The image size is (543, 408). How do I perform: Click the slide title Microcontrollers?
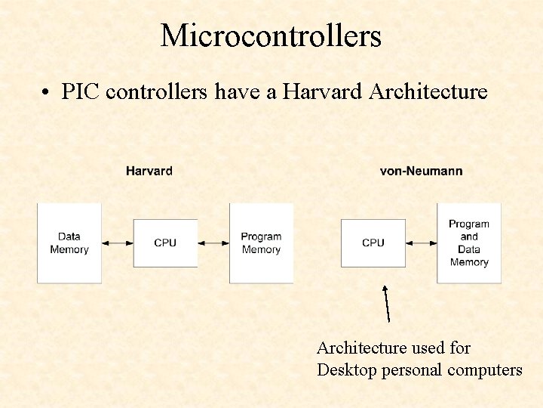coord(271,36)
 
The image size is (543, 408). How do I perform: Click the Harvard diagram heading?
coord(149,171)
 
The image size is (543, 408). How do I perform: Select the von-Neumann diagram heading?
coord(421,171)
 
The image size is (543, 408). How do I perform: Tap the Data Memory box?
coord(69,243)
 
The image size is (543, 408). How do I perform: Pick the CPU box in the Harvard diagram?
coord(165,243)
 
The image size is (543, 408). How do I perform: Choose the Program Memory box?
coord(261,243)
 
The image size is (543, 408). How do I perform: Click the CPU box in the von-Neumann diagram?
coord(373,243)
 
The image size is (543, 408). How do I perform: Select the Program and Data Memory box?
coord(468,243)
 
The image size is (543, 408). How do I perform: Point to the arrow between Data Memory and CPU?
coord(117,243)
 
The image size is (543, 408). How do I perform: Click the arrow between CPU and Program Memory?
coord(213,243)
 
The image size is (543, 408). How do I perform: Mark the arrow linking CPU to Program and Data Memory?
coord(421,243)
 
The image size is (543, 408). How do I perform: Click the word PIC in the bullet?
coord(81,92)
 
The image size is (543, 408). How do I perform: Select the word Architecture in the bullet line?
coord(428,92)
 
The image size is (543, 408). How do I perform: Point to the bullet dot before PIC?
coord(47,93)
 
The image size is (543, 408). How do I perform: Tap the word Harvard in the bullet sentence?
coord(327,92)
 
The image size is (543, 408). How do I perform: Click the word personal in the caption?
coord(413,370)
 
